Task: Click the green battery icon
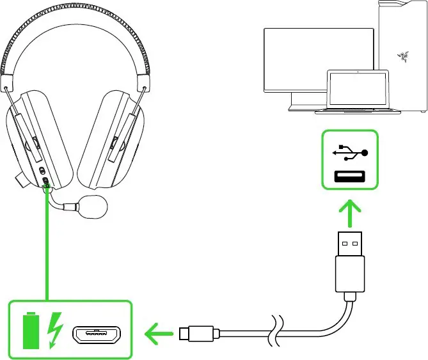pyautogui.click(x=30, y=332)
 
